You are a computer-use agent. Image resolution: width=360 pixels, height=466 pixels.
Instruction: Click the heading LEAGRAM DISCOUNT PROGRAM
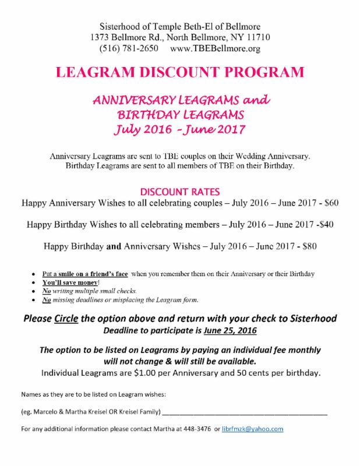pyautogui.click(x=179, y=73)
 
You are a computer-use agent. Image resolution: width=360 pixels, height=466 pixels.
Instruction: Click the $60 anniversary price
pyautogui.click(x=330, y=203)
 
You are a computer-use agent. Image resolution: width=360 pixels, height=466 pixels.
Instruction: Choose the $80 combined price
pyautogui.click(x=306, y=246)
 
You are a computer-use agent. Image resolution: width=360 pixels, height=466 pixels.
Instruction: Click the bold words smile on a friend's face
pyautogui.click(x=92, y=273)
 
